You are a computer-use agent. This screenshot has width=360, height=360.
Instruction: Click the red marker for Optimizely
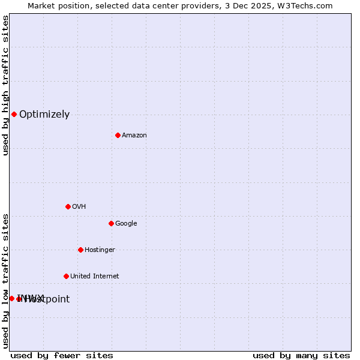(x=14, y=114)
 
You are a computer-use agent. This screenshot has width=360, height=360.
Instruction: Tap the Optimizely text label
(x=44, y=115)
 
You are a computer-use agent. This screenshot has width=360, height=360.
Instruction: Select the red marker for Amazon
(x=118, y=135)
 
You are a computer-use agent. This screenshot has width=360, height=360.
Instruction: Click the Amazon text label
(x=134, y=136)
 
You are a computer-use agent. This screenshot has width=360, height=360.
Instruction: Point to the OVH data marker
(x=68, y=206)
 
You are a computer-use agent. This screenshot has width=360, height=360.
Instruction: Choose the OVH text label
(x=79, y=207)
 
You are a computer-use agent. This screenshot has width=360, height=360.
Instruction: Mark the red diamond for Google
(x=111, y=223)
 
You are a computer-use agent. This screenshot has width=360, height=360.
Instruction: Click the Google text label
(x=126, y=224)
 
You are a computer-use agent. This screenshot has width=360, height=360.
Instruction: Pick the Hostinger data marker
(x=80, y=250)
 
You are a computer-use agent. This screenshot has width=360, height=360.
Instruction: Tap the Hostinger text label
(x=100, y=250)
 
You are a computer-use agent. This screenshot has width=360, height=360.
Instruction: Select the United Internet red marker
(x=66, y=276)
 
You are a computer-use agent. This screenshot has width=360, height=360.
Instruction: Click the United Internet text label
(x=95, y=277)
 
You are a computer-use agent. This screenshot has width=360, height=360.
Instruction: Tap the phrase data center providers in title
(x=170, y=5)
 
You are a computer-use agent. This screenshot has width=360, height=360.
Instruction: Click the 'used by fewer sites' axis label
(x=62, y=355)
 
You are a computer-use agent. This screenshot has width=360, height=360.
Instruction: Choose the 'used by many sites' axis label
(x=301, y=355)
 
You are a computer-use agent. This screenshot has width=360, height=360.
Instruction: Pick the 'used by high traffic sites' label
(x=5, y=85)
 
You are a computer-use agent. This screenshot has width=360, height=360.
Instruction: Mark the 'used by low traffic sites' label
(x=5, y=281)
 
